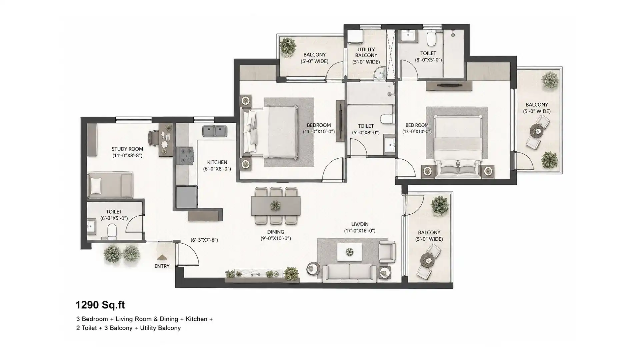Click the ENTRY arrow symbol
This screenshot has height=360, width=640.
coord(162,257)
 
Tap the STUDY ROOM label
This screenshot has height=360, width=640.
coord(127,149)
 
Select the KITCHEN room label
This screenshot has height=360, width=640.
coord(217,162)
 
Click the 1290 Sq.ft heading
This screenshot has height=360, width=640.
coord(100,305)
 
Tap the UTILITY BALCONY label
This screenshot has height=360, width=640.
coord(366,52)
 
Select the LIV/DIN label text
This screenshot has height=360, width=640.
coord(360,224)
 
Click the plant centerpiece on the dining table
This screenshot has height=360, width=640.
coord(276,206)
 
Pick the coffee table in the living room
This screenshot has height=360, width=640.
coord(350,252)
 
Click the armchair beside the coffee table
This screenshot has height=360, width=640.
coord(387,252)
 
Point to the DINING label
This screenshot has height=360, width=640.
coord(276,232)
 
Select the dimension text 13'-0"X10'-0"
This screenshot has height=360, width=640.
coord(417,132)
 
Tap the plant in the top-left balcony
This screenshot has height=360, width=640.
coord(288,46)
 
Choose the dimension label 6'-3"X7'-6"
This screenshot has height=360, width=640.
coord(204,240)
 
